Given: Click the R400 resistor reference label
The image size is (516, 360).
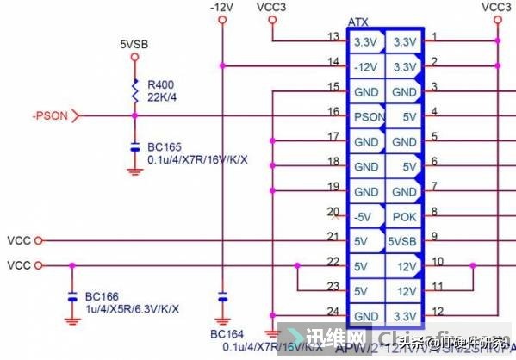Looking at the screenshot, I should (x=161, y=84).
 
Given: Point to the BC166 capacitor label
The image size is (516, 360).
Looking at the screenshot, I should (x=102, y=296).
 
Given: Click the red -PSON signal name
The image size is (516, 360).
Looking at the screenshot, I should (x=50, y=115).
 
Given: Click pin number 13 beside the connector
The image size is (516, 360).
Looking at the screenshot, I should (x=333, y=37).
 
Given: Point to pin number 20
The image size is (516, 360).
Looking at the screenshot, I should (x=333, y=212).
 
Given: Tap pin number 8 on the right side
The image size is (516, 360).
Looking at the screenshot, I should (x=436, y=210).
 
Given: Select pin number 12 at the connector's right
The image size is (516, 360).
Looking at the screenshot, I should (x=438, y=311).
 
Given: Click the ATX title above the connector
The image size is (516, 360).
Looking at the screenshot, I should (x=358, y=21).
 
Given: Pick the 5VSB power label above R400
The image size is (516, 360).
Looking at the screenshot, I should (x=134, y=42).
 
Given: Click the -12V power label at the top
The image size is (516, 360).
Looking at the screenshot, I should (x=222, y=7).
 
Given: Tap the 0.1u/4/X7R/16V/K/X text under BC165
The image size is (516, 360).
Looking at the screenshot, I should (x=199, y=160).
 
